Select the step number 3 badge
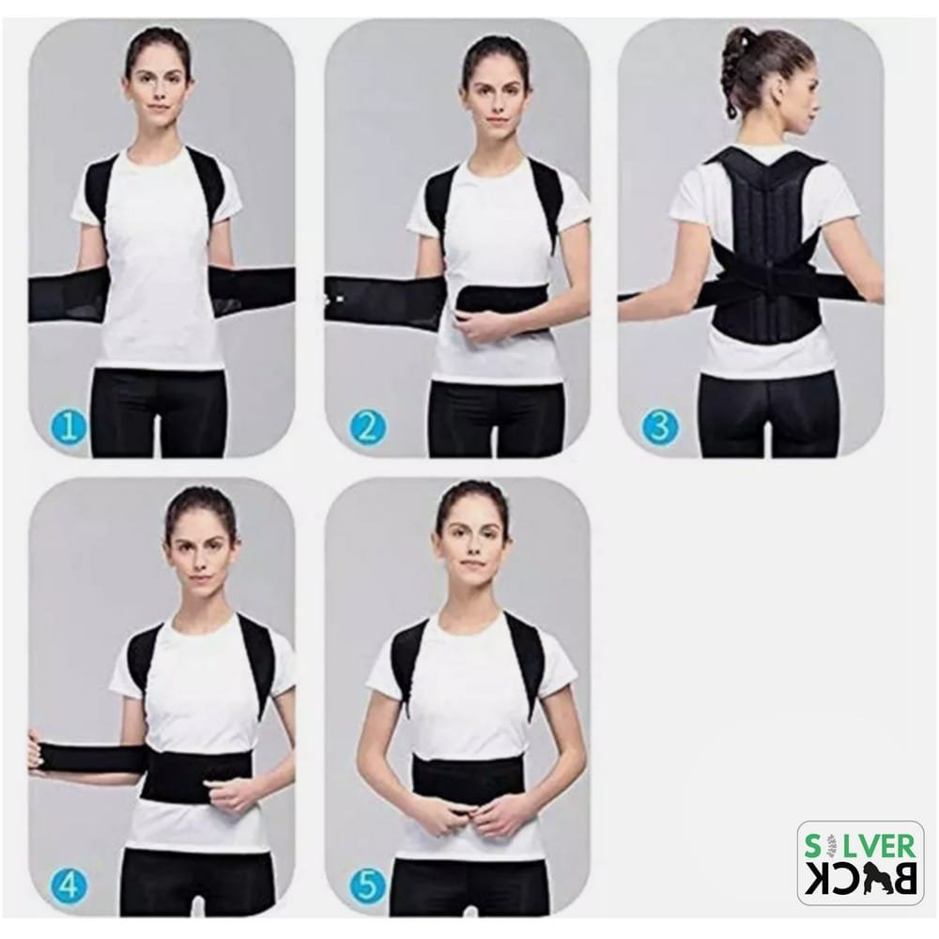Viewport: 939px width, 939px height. pyautogui.click(x=660, y=428)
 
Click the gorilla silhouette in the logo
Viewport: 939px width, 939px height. pyautogui.click(x=870, y=882)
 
